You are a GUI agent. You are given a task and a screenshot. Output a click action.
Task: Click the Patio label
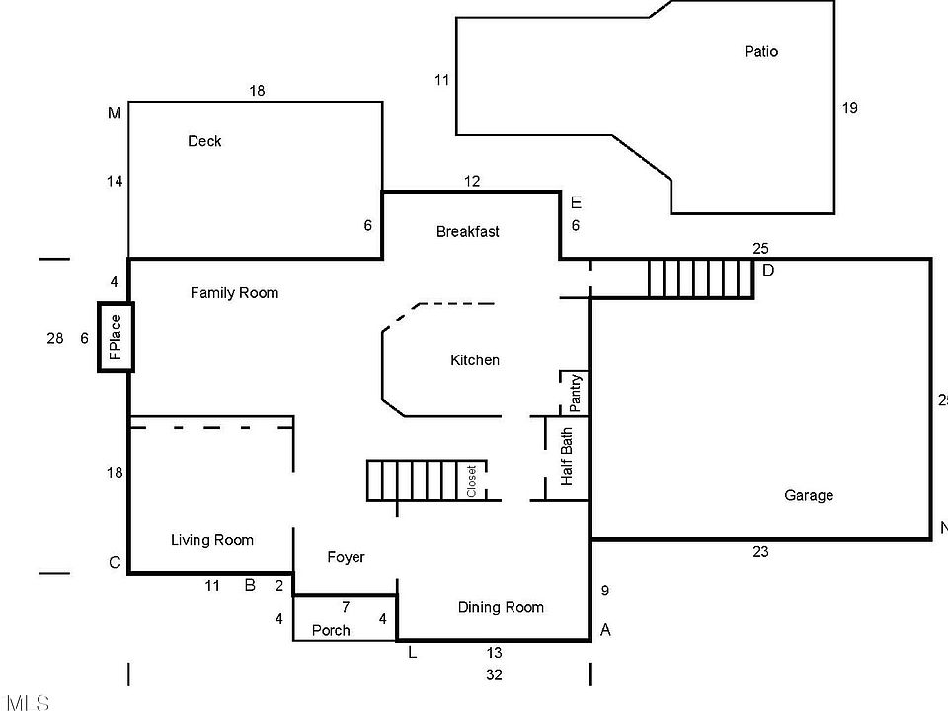click(x=760, y=51)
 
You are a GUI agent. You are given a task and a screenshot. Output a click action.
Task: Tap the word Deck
click(x=204, y=141)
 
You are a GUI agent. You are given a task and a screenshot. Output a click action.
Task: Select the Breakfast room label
click(x=467, y=231)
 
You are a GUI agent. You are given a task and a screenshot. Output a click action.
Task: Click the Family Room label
click(x=234, y=292)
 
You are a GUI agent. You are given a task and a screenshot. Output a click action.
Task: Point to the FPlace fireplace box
click(x=115, y=337)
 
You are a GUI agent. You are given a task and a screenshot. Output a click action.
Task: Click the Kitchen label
click(x=475, y=360)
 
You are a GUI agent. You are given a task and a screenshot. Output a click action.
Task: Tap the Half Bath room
click(x=568, y=457)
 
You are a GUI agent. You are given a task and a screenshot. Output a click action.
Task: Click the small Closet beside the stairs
click(x=472, y=481)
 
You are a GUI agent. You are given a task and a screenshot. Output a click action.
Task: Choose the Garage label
click(x=809, y=495)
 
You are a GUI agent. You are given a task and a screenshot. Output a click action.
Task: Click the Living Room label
click(x=212, y=539)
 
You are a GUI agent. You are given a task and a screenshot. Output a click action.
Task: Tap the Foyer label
click(x=346, y=557)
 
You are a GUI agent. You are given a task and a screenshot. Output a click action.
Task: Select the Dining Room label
click(x=501, y=607)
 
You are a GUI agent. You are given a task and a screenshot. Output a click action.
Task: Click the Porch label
click(x=331, y=630)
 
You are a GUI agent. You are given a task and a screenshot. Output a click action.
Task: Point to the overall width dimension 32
click(x=494, y=675)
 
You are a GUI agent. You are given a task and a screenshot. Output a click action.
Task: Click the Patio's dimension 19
click(x=849, y=108)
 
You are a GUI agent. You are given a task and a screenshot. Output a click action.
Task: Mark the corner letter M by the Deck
click(x=115, y=114)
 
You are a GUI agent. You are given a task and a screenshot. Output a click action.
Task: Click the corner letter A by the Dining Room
click(x=605, y=630)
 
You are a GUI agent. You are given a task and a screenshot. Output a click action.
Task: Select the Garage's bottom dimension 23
click(x=760, y=552)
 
